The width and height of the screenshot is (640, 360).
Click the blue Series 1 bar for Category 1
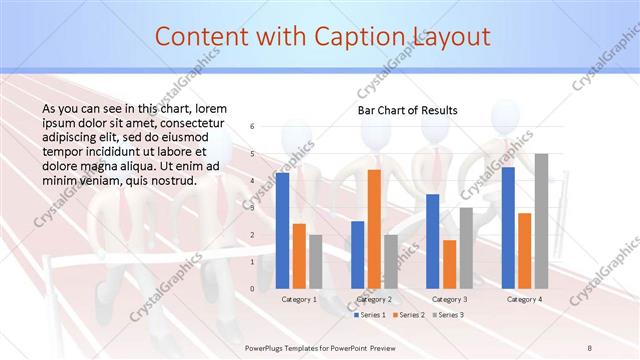283,230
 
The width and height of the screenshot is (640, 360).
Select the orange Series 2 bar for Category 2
374,229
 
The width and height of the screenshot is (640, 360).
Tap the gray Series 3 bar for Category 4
541,221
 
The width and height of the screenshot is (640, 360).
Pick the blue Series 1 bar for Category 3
433,241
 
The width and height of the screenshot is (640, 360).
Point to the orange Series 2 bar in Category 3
449,264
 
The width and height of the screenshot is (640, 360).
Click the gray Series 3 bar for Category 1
316,261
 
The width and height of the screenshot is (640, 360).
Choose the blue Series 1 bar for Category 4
508,227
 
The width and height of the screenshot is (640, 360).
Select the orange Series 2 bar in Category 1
299,256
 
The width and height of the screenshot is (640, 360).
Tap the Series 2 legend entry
408,314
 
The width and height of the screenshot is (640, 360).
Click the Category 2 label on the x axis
374,299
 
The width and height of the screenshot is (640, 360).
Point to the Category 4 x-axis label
524,299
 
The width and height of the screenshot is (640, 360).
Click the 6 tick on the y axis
253,126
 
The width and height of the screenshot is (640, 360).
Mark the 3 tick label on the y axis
253,208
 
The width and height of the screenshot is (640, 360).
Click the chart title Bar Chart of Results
408,110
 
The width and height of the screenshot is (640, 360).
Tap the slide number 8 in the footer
591,347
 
